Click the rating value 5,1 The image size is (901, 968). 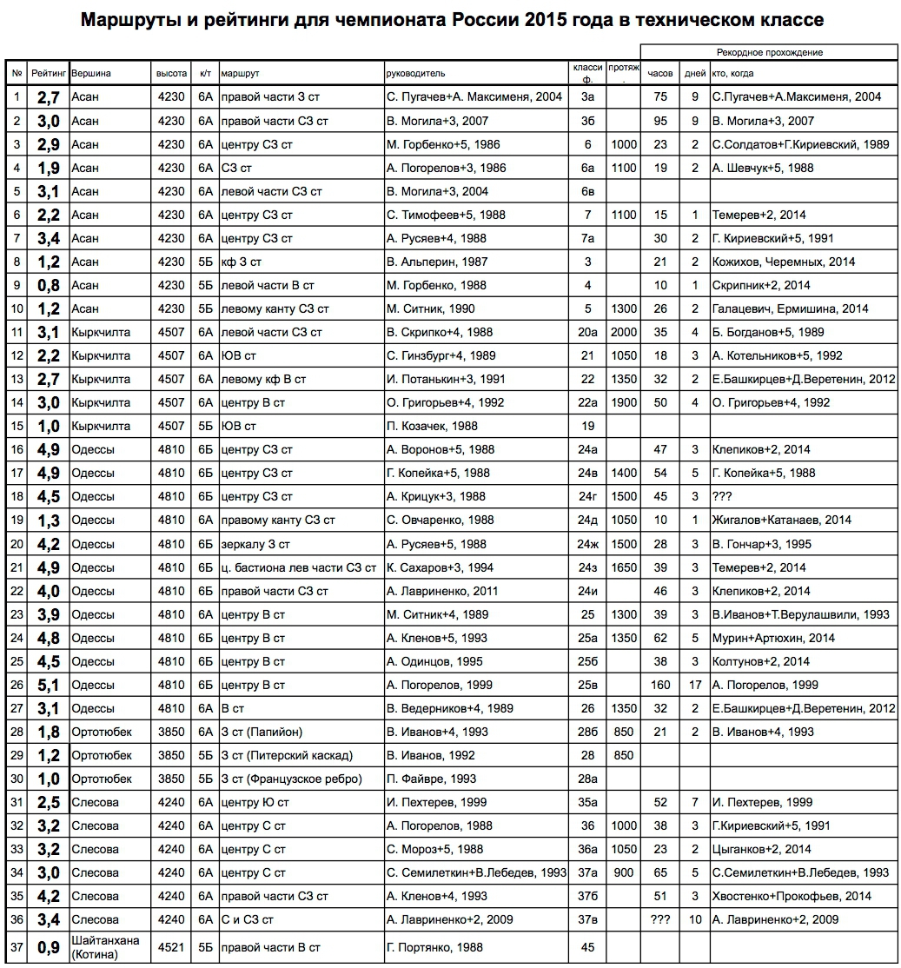[x=47, y=685]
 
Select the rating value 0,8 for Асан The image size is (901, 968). [x=47, y=285]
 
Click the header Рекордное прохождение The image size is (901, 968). [x=769, y=52]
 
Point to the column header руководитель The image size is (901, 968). [x=416, y=74]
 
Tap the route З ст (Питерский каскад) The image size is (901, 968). [x=286, y=755]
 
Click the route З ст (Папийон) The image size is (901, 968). [x=262, y=732]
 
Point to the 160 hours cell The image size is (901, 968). [x=659, y=685]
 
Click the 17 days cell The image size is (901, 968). [x=695, y=685]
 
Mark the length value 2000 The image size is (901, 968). [x=623, y=332]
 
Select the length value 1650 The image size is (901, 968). [x=623, y=567]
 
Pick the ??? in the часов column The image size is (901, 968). [x=659, y=919]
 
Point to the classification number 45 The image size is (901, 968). [x=587, y=947]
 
